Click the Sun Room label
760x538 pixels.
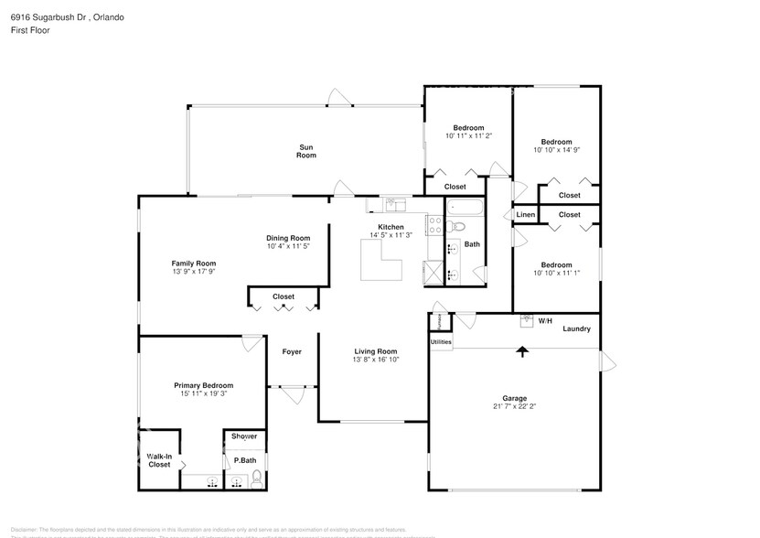305,151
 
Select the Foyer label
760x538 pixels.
292,351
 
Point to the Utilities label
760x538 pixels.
441,341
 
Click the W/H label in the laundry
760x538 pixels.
545,321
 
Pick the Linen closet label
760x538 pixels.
525,215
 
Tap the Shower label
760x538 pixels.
244,436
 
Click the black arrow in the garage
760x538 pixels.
522,350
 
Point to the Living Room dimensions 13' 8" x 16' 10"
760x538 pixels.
376,360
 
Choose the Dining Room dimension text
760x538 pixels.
288,246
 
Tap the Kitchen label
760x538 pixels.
391,227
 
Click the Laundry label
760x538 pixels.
576,328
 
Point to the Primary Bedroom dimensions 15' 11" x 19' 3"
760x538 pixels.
203,394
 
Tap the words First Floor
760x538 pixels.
31,30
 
